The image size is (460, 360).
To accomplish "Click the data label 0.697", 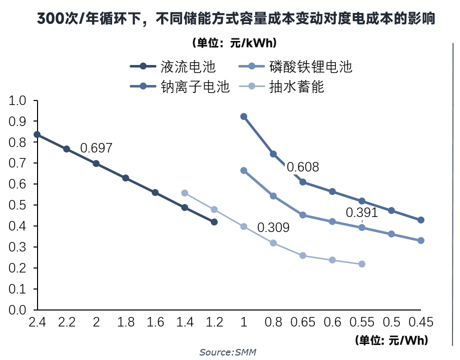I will (96, 148).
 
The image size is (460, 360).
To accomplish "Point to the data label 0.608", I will (303, 167).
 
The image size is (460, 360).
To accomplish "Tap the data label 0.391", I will (362, 213).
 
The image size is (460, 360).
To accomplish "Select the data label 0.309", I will (273, 228).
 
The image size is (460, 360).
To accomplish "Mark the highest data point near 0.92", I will (244, 116).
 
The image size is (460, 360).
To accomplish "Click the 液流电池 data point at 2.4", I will (37, 134).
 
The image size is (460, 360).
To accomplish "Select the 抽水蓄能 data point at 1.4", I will (185, 193).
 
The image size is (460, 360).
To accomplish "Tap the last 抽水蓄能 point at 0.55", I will (362, 264).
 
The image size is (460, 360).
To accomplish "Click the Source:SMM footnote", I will (228, 352).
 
